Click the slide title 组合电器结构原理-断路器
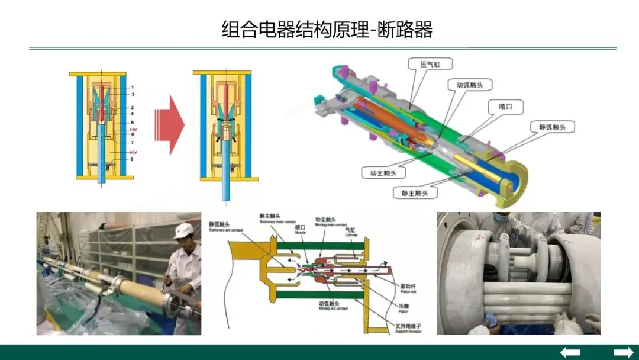(x=327, y=29)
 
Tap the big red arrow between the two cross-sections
(x=170, y=126)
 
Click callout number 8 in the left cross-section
(x=133, y=159)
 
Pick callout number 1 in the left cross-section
(x=133, y=88)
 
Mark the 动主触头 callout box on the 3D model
(x=379, y=173)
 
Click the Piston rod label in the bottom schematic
(x=408, y=285)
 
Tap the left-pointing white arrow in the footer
(x=570, y=352)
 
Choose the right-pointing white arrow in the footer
(x=624, y=352)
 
